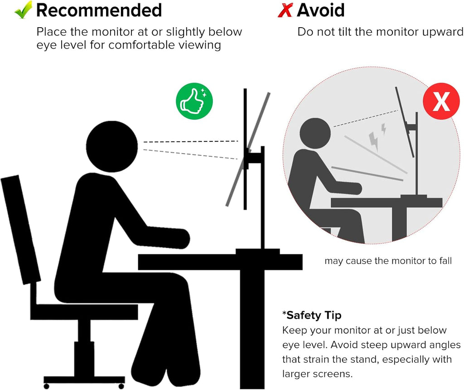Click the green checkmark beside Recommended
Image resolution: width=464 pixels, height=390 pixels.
[23, 10]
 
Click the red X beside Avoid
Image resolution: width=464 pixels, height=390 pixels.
[285, 10]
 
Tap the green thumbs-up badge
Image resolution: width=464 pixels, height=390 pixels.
[194, 101]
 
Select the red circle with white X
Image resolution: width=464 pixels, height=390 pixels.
[441, 101]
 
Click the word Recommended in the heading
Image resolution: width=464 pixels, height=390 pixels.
[99, 10]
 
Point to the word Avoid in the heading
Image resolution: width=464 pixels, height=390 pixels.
[321, 10]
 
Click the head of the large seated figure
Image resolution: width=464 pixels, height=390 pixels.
[112, 146]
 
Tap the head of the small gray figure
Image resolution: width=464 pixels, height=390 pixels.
[315, 133]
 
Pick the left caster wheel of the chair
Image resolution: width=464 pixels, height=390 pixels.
[46, 386]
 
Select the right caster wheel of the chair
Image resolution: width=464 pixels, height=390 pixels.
[121, 386]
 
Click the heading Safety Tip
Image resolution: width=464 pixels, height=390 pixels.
[312, 315]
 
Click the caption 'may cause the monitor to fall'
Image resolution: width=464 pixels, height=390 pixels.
[388, 261]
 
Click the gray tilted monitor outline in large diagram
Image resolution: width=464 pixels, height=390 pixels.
[248, 149]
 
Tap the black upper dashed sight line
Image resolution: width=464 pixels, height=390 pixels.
[191, 142]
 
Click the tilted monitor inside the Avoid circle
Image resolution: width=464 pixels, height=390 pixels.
[405, 121]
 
